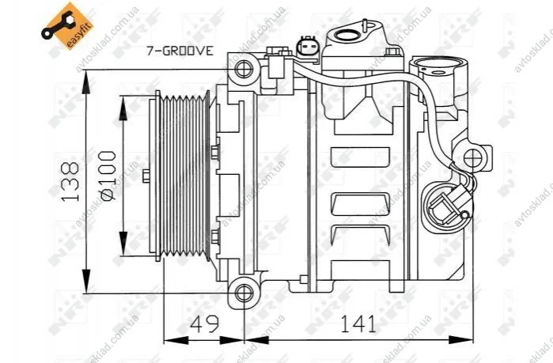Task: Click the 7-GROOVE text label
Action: point(180,51)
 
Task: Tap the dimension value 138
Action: point(70,182)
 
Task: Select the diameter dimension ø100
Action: point(108,176)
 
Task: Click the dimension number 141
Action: point(358,323)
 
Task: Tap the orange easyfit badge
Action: point(68,25)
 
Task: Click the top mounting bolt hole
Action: point(244,69)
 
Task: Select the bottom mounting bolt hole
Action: point(244,293)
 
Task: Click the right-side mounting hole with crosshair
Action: point(472,158)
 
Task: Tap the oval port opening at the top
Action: point(347,35)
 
